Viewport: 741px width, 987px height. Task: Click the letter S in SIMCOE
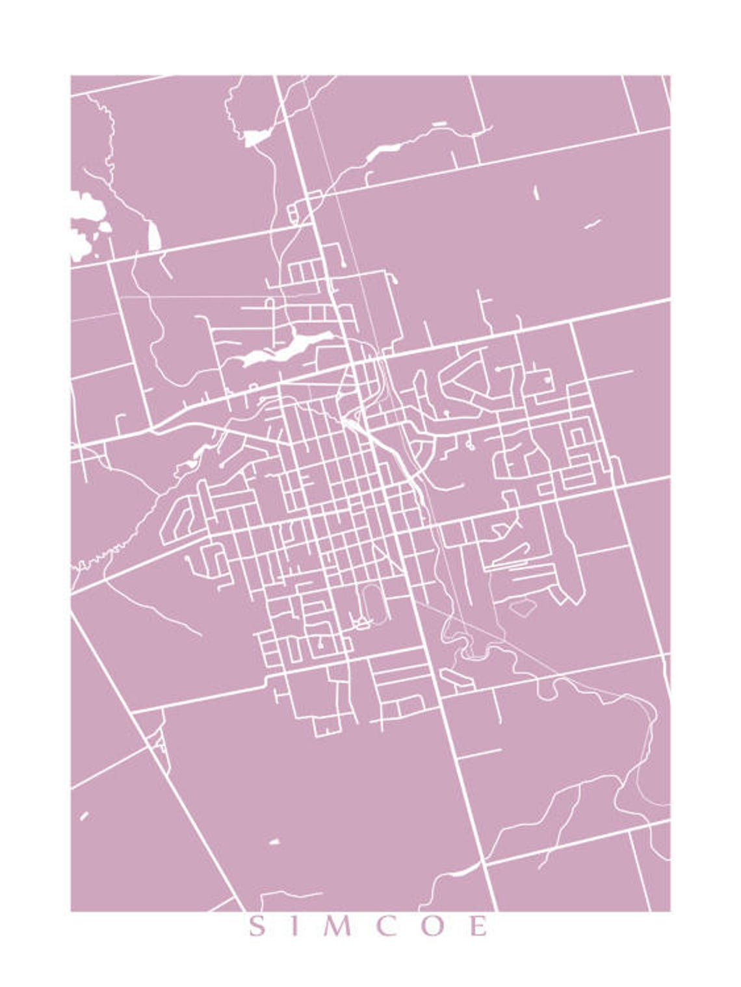[257, 944]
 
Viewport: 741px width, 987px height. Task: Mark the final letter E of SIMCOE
[478, 944]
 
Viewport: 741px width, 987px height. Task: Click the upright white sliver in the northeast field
[537, 192]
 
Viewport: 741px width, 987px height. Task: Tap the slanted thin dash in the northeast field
[592, 224]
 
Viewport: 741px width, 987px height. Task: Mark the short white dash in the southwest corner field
[84, 816]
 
